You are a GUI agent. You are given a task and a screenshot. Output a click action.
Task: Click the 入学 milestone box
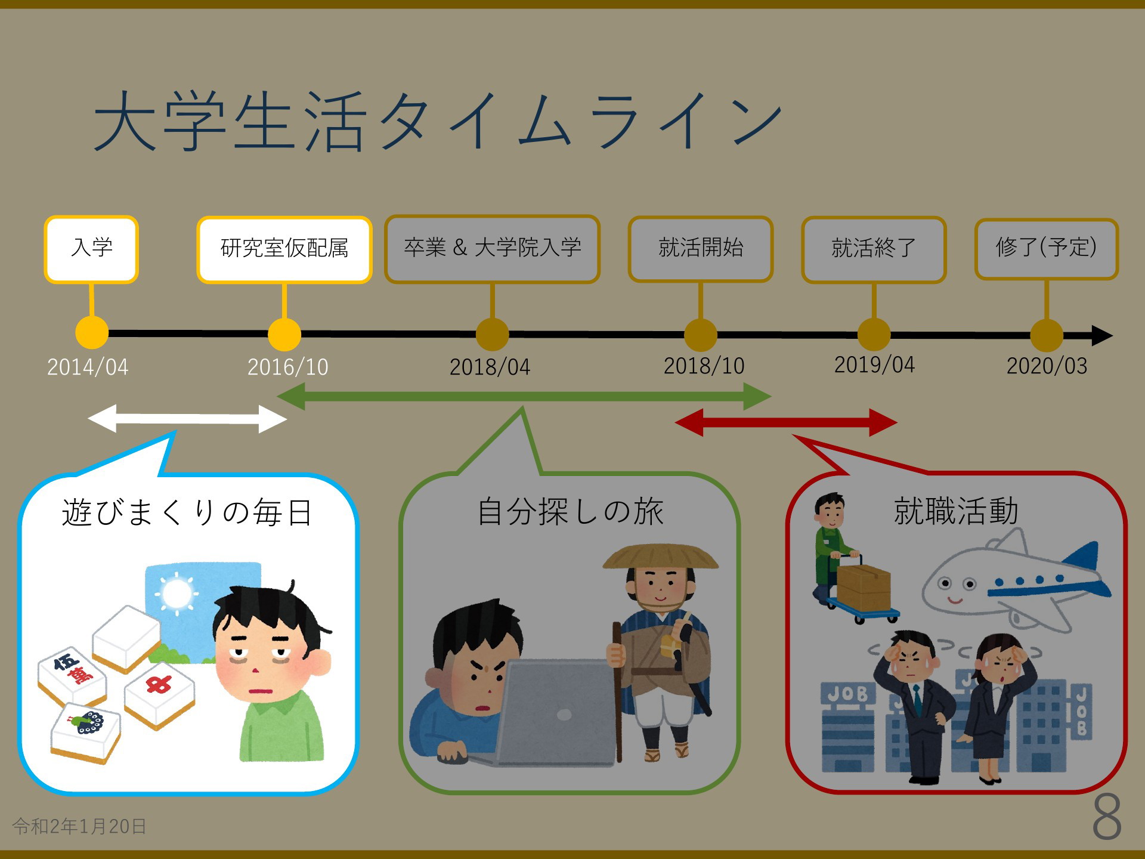[91, 249]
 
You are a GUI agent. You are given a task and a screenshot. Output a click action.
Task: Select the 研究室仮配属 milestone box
[284, 249]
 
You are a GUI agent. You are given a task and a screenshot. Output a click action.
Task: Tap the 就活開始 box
[701, 249]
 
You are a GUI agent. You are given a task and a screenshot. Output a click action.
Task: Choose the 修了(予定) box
[1047, 249]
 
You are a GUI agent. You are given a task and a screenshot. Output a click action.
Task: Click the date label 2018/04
[490, 367]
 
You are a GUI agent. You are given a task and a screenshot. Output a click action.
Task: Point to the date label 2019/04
[874, 364]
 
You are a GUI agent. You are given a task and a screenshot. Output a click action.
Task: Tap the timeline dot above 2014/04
[92, 333]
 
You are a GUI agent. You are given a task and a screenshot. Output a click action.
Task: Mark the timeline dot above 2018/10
[700, 335]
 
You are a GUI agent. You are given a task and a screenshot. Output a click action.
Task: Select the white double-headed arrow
[187, 419]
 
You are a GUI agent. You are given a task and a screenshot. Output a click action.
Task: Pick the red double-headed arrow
[786, 422]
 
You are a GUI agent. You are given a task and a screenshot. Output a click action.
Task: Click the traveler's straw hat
[661, 557]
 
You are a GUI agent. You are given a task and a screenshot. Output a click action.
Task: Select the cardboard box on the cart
[864, 588]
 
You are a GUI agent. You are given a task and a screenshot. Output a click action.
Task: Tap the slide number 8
[1107, 817]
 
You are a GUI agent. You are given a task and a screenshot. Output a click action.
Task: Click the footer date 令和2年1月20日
[79, 826]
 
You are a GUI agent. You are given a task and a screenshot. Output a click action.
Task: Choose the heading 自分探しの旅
[571, 512]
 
